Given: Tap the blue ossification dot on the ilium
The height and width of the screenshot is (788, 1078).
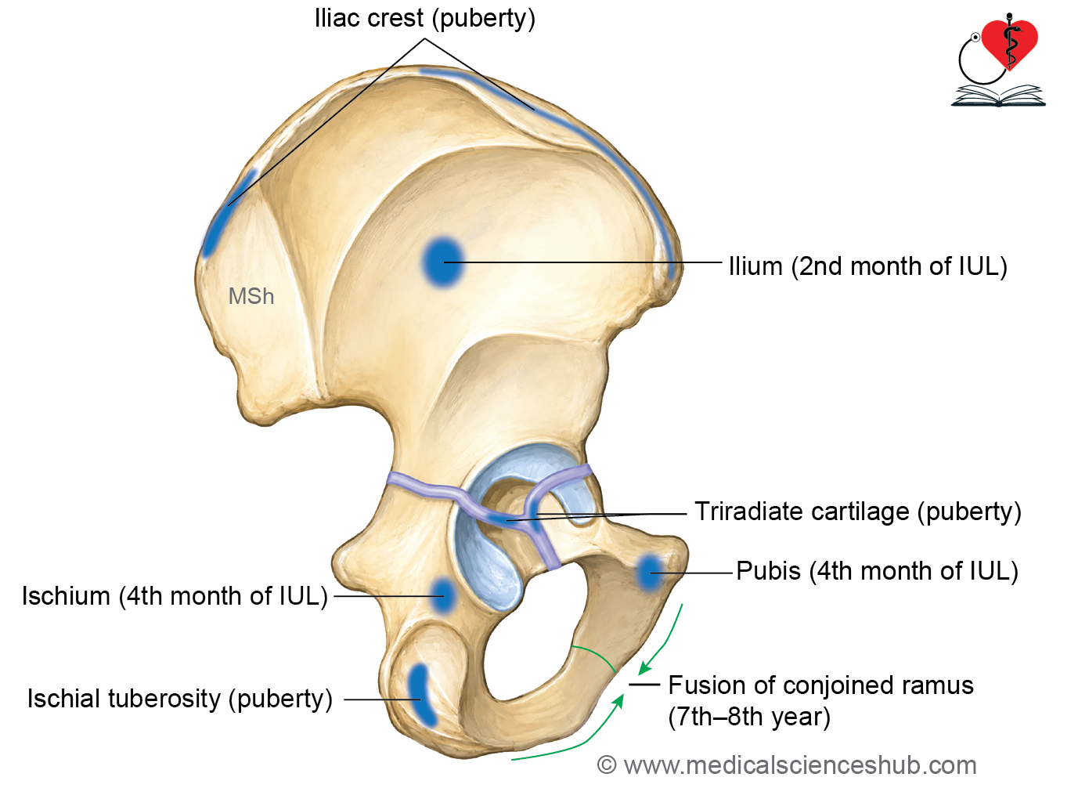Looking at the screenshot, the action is click(443, 262).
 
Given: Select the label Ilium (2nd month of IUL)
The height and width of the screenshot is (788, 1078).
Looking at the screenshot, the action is click(868, 266).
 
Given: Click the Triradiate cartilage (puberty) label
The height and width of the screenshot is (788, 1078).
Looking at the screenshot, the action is click(857, 511).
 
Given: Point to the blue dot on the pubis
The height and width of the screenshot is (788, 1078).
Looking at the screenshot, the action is click(649, 573).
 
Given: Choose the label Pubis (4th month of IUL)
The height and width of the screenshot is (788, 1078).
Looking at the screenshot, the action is click(878, 571).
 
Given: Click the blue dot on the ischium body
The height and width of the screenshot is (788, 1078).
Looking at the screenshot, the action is click(442, 596).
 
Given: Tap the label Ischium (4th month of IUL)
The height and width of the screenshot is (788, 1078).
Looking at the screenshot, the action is click(175, 596).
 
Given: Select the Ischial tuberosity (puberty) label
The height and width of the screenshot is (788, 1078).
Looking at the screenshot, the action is click(180, 699).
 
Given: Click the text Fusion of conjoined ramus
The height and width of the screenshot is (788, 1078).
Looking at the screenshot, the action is click(821, 685).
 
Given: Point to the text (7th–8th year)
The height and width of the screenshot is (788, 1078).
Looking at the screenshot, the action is click(749, 717).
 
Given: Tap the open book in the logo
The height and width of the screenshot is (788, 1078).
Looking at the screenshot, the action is click(999, 96).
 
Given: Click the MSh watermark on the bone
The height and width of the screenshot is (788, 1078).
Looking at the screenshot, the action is click(251, 296).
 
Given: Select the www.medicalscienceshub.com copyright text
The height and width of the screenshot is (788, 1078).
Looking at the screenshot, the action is click(787, 765).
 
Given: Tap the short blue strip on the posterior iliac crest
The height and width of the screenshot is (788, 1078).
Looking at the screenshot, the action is click(229, 213).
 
